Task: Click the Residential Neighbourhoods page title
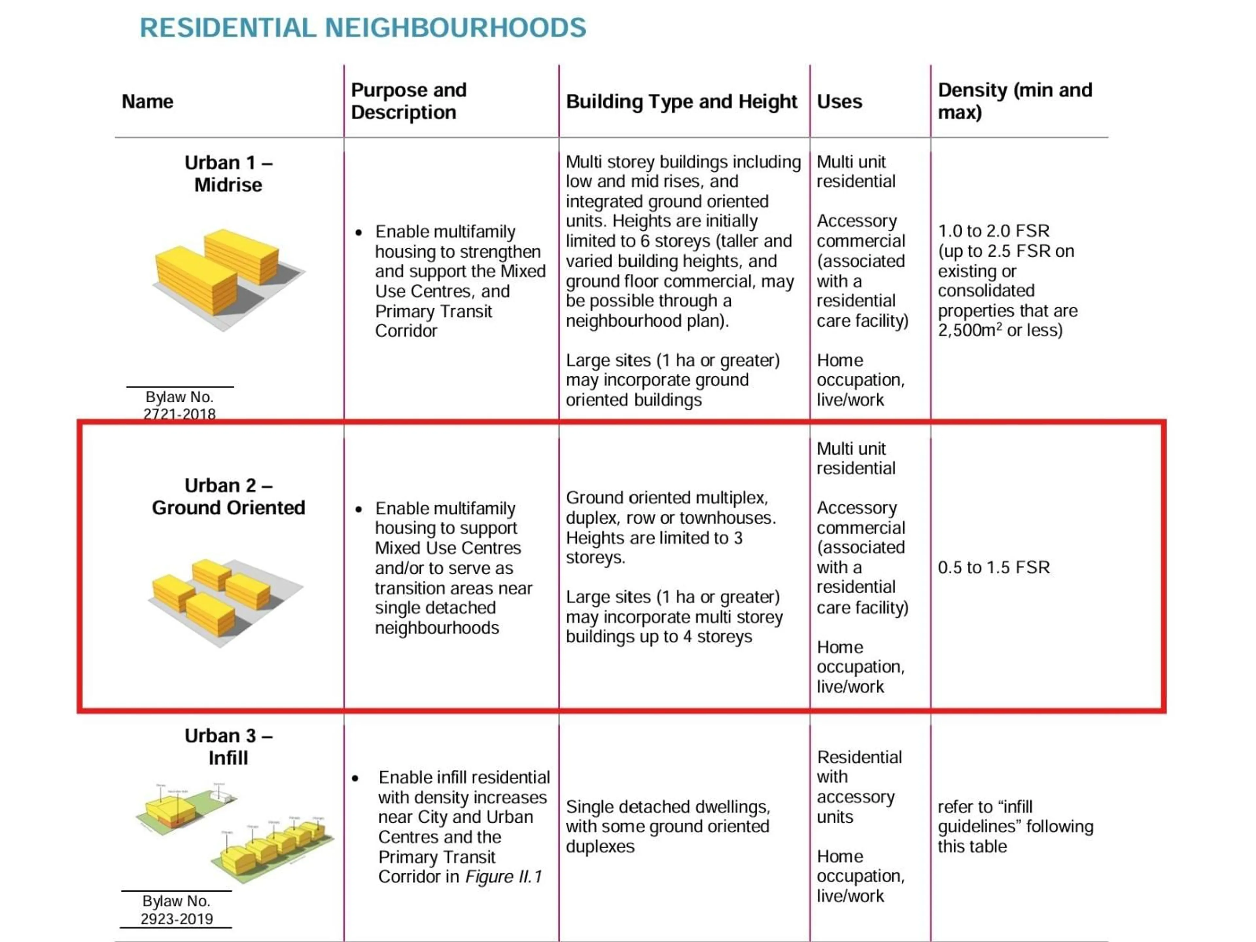click(363, 28)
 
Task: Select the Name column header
click(147, 102)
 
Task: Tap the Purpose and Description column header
click(409, 101)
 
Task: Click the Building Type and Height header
click(681, 102)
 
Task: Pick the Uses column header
click(839, 102)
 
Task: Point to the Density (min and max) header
click(1015, 101)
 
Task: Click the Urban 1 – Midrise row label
click(228, 174)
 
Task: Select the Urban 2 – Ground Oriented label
click(228, 496)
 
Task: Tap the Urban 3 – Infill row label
click(228, 747)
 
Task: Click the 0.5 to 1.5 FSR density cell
click(994, 567)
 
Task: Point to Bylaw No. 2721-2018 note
click(180, 405)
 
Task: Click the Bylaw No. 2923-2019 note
click(177, 910)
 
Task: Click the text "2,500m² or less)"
click(1000, 330)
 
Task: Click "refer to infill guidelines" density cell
click(1015, 826)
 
